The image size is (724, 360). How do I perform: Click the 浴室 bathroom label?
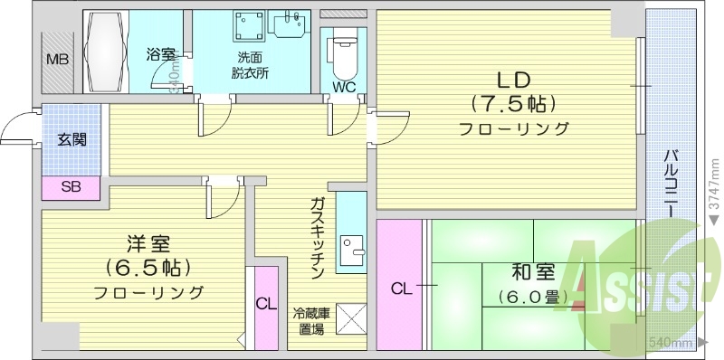[x=161, y=55]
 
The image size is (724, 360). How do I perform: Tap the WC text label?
[x=344, y=88]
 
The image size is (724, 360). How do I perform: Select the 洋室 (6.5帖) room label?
[x=148, y=267]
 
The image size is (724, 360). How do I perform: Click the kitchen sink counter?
[x=351, y=233]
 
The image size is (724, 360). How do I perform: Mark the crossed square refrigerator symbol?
[x=350, y=317]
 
